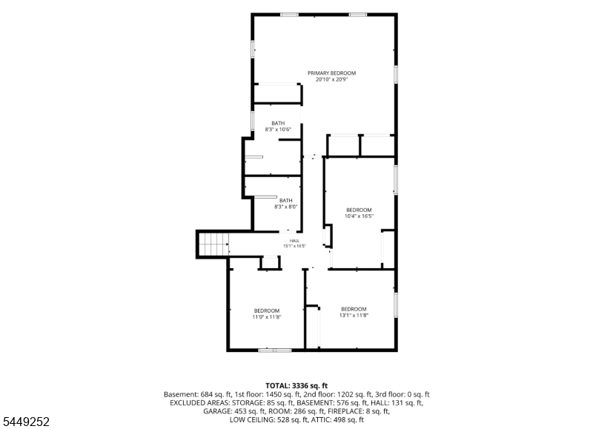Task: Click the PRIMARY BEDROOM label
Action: click(x=331, y=73)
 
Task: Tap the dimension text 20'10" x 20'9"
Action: click(x=331, y=79)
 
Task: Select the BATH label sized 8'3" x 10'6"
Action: click(x=278, y=123)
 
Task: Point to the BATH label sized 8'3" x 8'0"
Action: click(x=286, y=200)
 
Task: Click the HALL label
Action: click(x=294, y=241)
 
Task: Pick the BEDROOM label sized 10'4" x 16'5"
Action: click(x=359, y=210)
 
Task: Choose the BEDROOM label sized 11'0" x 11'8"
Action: click(x=267, y=310)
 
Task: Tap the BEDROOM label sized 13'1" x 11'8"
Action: click(x=354, y=309)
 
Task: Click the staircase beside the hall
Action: click(x=213, y=245)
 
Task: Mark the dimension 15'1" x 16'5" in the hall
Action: click(x=294, y=246)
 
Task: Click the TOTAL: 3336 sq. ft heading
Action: click(x=296, y=385)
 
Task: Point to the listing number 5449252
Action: click(x=27, y=422)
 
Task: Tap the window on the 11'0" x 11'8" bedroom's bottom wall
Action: click(x=275, y=350)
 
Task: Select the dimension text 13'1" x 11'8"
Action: click(x=354, y=315)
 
